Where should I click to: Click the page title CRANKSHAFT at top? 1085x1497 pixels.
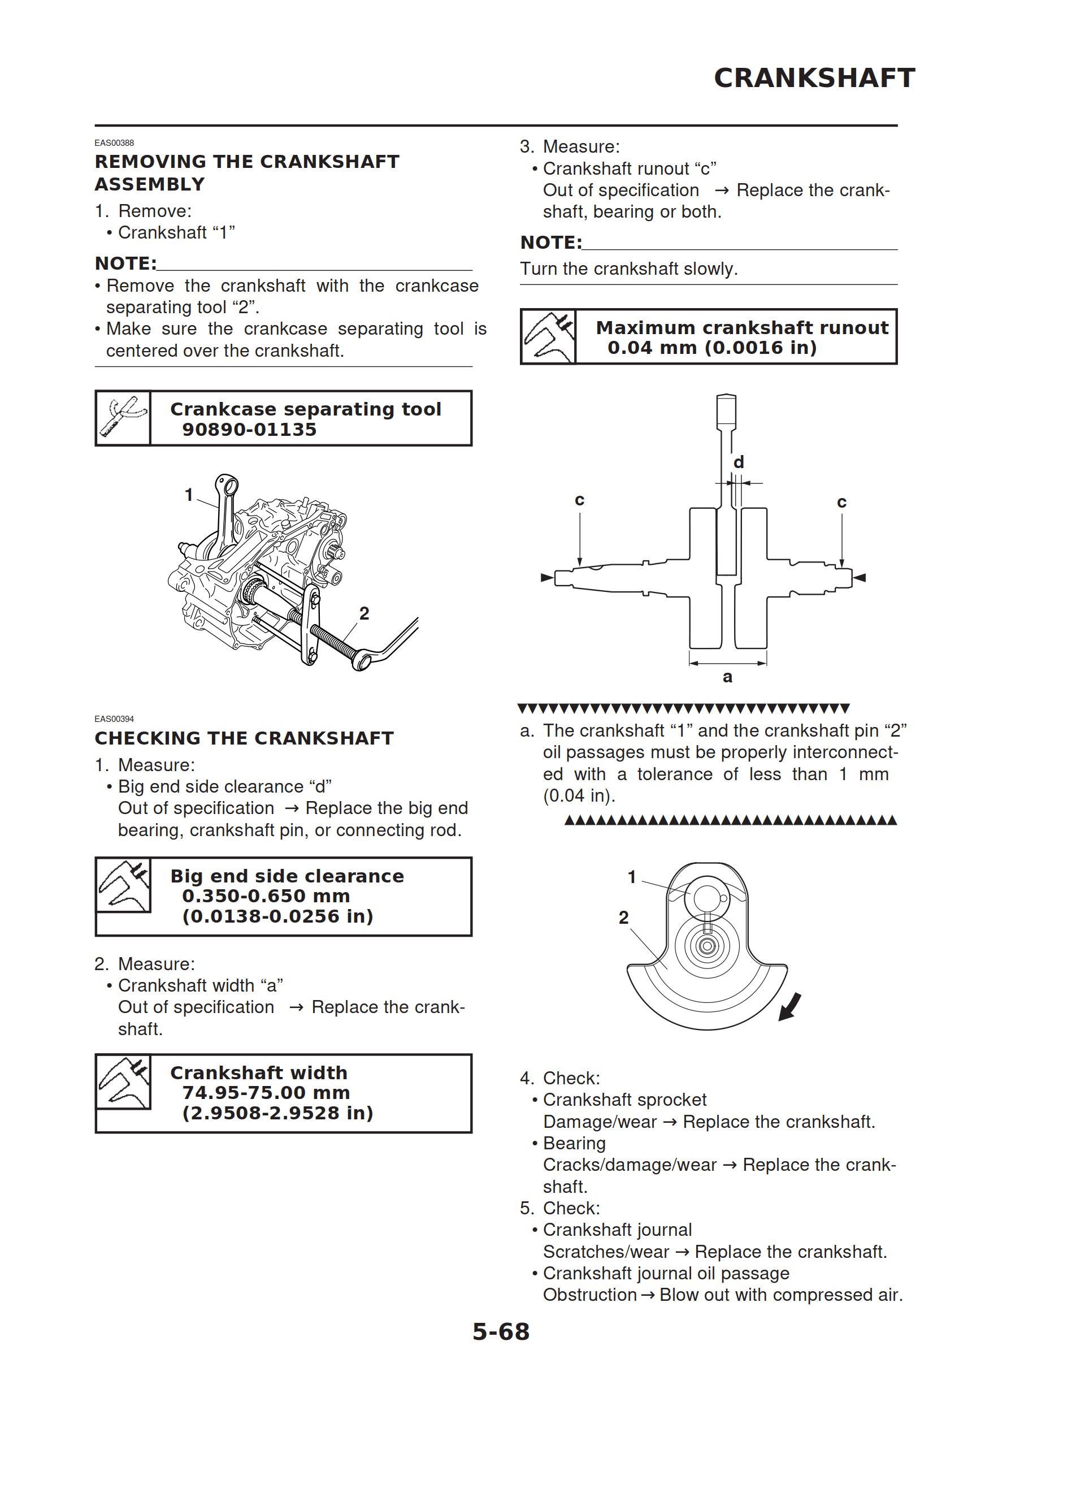click(814, 78)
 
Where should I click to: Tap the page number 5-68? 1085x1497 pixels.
click(500, 1331)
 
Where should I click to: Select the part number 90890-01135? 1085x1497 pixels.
click(249, 430)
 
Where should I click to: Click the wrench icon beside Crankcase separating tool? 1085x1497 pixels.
click(123, 418)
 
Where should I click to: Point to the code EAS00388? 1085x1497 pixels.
click(114, 142)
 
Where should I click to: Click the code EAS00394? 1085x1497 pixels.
click(114, 719)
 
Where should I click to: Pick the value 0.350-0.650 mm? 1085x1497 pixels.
click(266, 895)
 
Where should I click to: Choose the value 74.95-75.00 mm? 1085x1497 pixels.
click(266, 1092)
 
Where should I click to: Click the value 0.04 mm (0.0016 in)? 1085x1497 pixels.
click(711, 348)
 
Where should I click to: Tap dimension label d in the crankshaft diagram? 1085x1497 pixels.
click(739, 462)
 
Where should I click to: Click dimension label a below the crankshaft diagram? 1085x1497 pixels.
click(727, 677)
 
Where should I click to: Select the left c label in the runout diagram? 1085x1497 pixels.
click(579, 500)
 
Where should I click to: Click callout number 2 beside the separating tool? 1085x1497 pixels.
click(364, 613)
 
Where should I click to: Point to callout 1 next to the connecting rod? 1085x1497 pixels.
click(189, 494)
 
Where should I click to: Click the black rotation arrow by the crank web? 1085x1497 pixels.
click(790, 1007)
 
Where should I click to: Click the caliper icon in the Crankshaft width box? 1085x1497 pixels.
click(123, 1082)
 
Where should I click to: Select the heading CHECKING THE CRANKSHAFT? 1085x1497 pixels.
click(244, 738)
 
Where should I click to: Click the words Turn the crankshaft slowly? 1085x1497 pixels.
click(628, 269)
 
